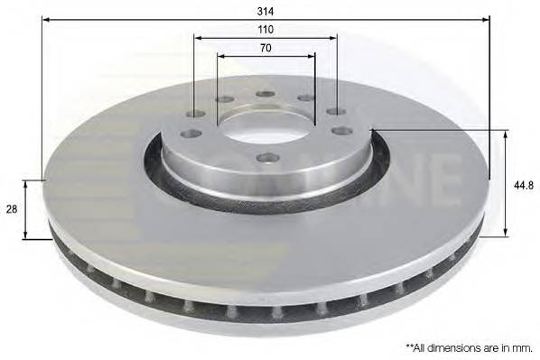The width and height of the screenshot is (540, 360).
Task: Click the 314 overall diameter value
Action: point(265,10)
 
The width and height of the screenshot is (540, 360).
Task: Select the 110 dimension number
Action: point(265,30)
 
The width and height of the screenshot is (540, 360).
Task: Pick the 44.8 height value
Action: point(522,183)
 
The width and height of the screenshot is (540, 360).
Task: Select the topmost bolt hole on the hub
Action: point(265,94)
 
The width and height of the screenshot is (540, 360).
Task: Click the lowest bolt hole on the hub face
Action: point(267,158)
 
